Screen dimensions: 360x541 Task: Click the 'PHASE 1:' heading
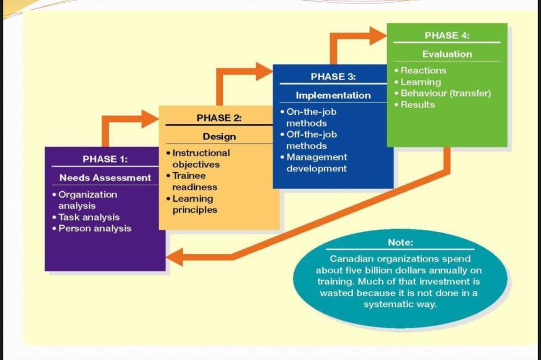point(105,158)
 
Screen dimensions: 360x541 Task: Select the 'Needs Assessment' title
point(105,178)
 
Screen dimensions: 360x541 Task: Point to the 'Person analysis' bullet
point(94,229)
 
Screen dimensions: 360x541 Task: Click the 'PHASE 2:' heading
point(219,118)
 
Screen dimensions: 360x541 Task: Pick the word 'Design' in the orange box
point(219,137)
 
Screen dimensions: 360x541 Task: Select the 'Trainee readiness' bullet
point(194,181)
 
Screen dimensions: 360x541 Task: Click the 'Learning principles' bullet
point(194,204)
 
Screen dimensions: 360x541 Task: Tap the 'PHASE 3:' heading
point(333,77)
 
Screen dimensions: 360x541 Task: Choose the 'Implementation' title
point(333,95)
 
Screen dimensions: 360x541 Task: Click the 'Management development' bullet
point(316,163)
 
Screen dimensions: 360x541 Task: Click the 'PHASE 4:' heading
point(447,35)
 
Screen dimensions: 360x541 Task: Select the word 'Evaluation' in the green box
point(447,54)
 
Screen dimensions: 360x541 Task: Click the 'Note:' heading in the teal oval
point(400,242)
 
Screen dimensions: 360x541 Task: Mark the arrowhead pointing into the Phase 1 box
point(174,257)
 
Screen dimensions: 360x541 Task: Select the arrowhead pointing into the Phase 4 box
point(378,35)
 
